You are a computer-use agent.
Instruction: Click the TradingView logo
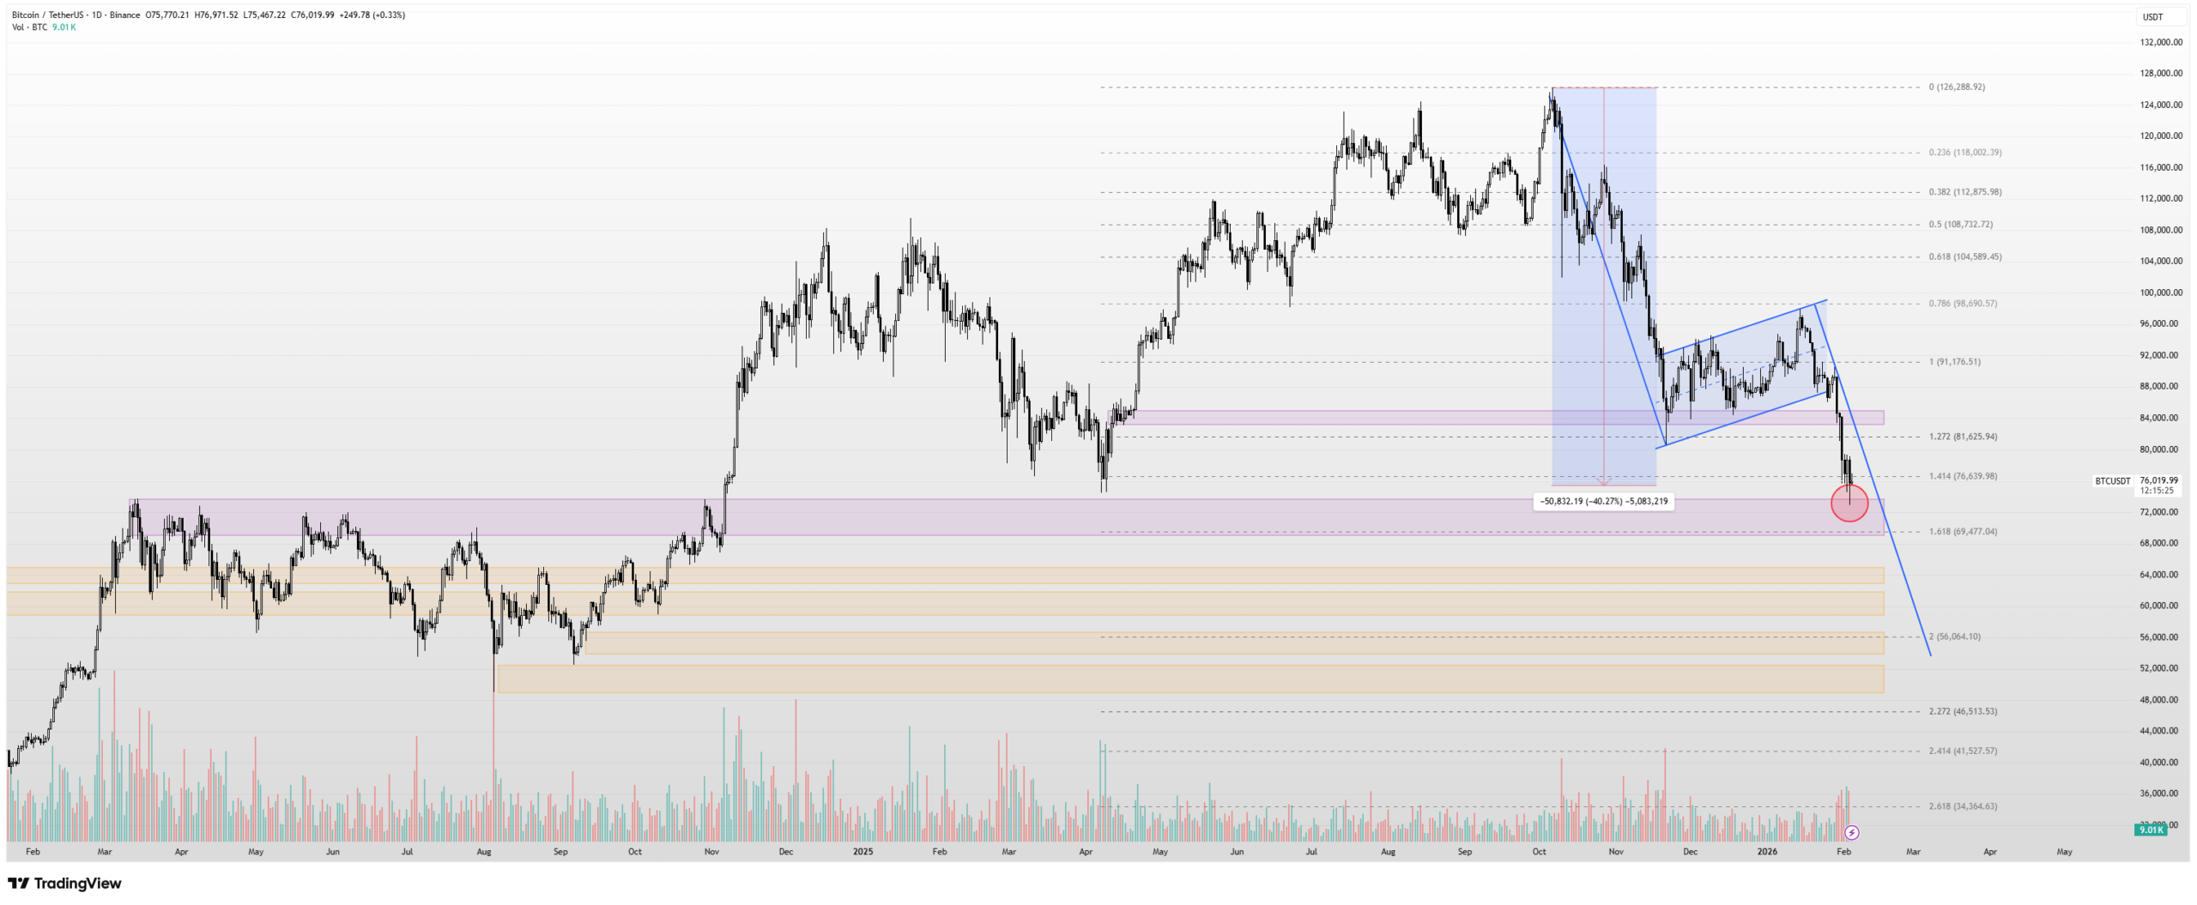[65, 883]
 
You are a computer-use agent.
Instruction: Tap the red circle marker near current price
[1849, 503]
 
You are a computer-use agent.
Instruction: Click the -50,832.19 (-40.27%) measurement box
[1603, 501]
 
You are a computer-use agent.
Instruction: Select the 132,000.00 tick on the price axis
[2161, 42]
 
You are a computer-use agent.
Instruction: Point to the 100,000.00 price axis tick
[2161, 293]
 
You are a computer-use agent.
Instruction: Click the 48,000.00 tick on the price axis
[2159, 700]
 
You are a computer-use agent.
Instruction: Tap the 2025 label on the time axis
[862, 852]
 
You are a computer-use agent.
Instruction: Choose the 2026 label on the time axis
[1767, 852]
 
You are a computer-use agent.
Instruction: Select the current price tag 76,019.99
[2158, 481]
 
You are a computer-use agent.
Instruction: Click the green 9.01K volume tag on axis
[2151, 830]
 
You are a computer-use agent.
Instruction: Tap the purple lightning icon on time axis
[1852, 832]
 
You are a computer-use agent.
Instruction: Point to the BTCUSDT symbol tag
[2112, 481]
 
